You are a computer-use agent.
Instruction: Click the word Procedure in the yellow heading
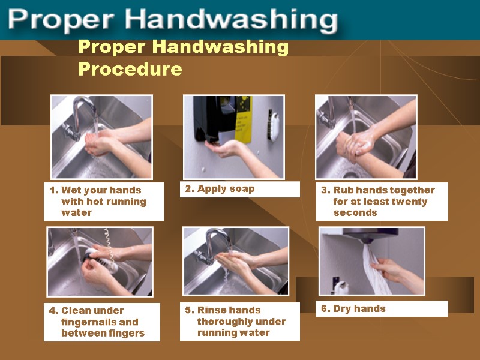click(130, 69)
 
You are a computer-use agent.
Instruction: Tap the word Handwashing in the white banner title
click(232, 19)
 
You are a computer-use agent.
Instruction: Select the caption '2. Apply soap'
click(220, 189)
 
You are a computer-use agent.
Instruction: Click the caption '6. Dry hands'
click(353, 308)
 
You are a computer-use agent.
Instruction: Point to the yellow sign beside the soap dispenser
click(244, 119)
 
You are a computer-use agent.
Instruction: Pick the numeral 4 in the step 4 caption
click(52, 310)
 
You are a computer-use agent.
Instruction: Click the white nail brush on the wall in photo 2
click(273, 125)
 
